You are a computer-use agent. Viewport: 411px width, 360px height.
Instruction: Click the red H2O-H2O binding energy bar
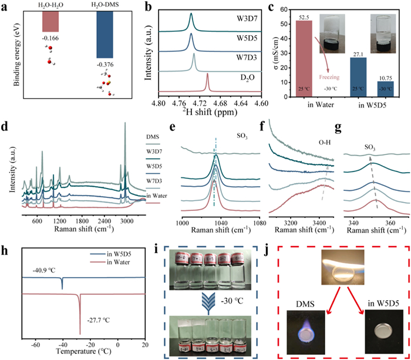pyautogui.click(x=56, y=22)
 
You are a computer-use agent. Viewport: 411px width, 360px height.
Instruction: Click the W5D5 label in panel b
pyautogui.click(x=235, y=38)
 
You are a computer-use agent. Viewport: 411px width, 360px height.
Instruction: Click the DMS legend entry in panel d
pyautogui.click(x=152, y=137)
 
